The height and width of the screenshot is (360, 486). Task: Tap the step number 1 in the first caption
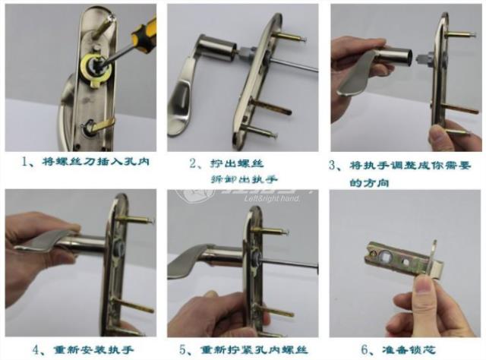(x=25, y=161)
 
